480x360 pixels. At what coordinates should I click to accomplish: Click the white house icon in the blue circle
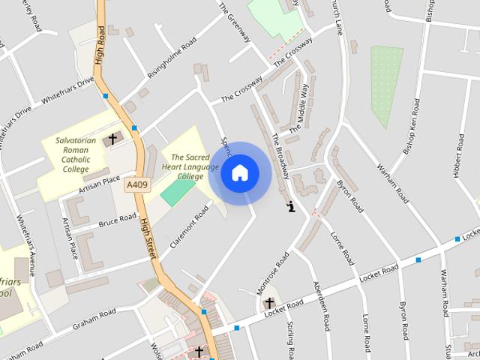(x=239, y=173)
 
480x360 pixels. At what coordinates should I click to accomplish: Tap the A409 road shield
(x=137, y=184)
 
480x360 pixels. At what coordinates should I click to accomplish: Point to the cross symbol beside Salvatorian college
(x=113, y=139)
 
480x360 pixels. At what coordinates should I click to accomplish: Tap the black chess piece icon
(x=290, y=205)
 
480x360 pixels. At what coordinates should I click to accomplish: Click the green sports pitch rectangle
(x=176, y=191)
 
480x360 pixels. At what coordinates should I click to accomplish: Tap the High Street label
(x=149, y=235)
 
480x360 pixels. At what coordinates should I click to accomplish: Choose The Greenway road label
(x=236, y=20)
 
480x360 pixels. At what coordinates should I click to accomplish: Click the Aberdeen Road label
(x=320, y=306)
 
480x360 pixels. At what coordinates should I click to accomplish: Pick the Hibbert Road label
(x=460, y=157)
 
